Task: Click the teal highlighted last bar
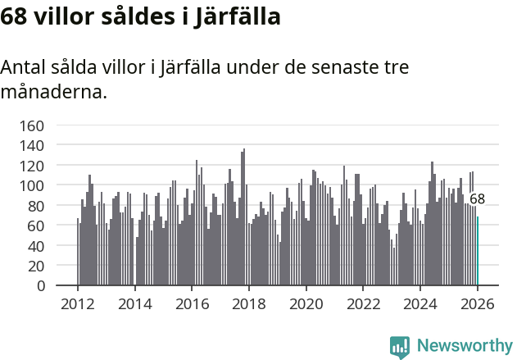click(x=478, y=251)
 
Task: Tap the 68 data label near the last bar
click(x=477, y=199)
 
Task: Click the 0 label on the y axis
click(x=39, y=286)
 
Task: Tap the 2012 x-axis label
click(x=78, y=303)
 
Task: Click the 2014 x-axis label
click(x=135, y=303)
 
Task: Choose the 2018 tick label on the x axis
click(x=249, y=303)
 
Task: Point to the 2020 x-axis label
click(x=306, y=303)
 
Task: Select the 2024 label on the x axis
click(x=421, y=303)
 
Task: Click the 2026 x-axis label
click(x=478, y=303)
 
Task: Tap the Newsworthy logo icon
click(x=400, y=347)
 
